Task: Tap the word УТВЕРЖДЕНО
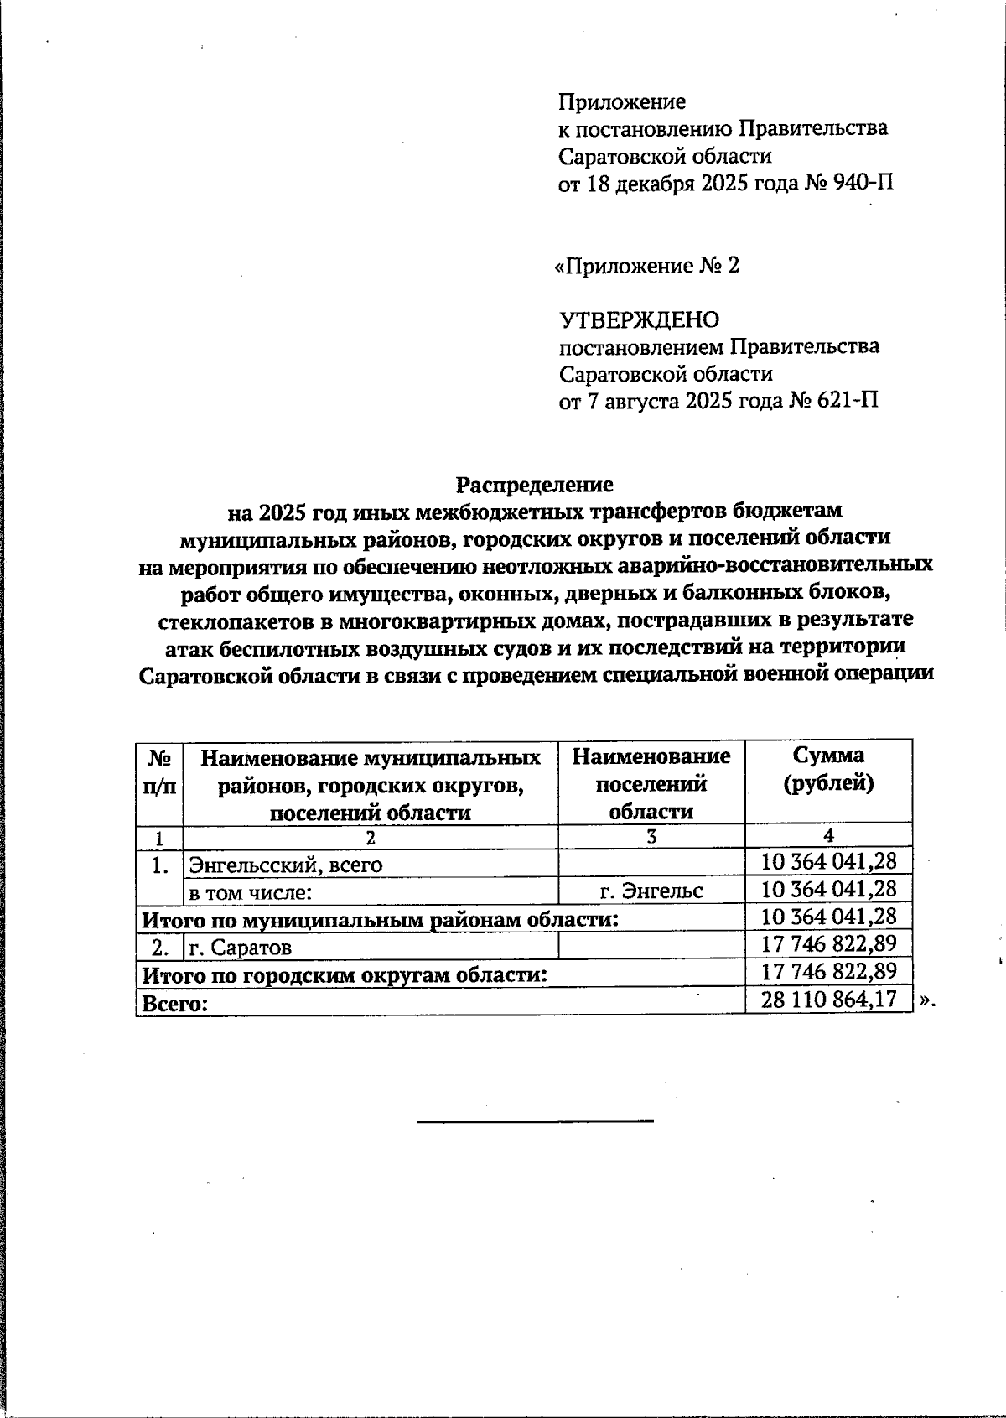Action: (x=639, y=319)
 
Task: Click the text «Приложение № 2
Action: (x=647, y=266)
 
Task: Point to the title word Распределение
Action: (x=534, y=485)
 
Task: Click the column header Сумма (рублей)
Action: (x=828, y=769)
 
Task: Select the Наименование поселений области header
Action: (x=651, y=783)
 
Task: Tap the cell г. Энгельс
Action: (x=651, y=891)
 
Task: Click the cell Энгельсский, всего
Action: (x=286, y=864)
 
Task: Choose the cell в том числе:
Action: (x=251, y=892)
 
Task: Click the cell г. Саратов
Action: (x=241, y=948)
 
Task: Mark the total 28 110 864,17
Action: (x=828, y=1000)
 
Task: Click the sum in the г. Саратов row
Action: (x=828, y=944)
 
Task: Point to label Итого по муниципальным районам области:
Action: (x=380, y=920)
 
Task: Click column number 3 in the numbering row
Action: (x=651, y=836)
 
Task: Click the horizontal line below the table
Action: (x=535, y=1120)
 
